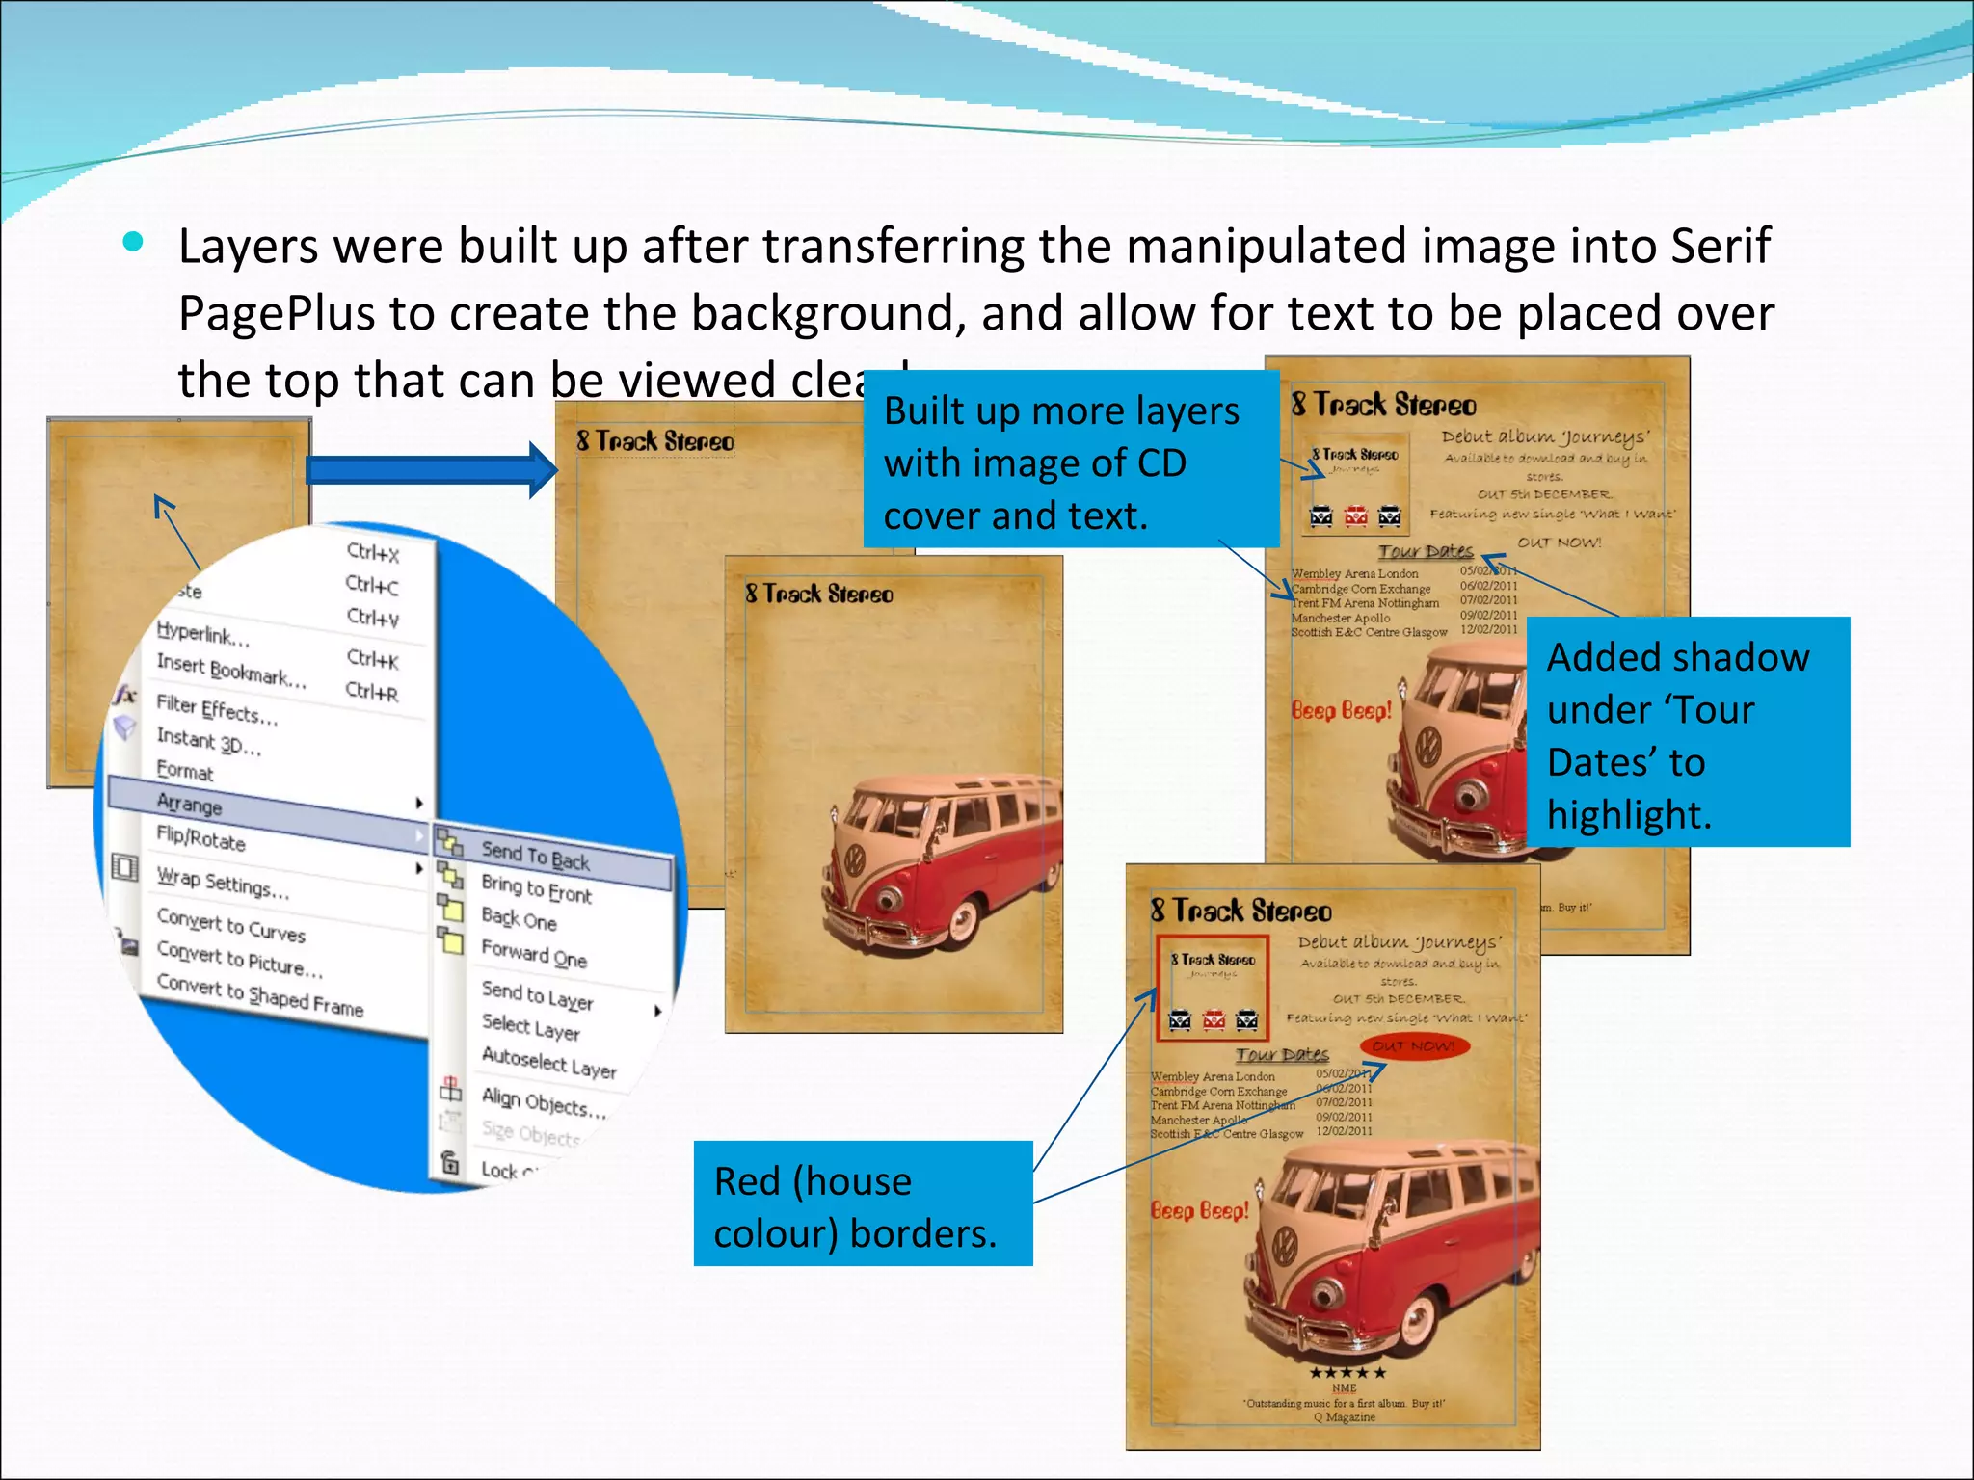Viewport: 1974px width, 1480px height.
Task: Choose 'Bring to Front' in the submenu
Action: (x=536, y=888)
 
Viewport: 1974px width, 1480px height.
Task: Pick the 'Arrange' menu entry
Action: (x=190, y=803)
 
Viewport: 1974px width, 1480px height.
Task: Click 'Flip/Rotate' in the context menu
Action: (x=200, y=839)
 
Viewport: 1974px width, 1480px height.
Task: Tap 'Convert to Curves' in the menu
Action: (x=231, y=925)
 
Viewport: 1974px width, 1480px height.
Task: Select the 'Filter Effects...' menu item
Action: (x=217, y=710)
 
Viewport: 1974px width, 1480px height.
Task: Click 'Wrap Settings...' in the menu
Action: (x=223, y=883)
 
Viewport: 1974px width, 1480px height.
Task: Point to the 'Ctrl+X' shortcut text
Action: (x=373, y=552)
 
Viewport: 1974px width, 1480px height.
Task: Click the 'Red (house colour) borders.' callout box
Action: (x=863, y=1203)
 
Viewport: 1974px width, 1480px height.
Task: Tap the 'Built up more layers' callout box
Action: (x=1070, y=460)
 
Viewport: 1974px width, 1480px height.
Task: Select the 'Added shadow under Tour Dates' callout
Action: (x=1687, y=732)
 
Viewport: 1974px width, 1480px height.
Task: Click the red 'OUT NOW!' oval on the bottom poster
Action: (x=1414, y=1046)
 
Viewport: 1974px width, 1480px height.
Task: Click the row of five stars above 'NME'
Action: (x=1347, y=1372)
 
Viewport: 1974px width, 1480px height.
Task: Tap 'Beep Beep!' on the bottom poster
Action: (x=1200, y=1210)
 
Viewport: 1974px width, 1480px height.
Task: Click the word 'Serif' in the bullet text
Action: (x=1721, y=247)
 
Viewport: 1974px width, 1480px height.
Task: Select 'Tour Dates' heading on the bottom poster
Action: (x=1282, y=1055)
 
